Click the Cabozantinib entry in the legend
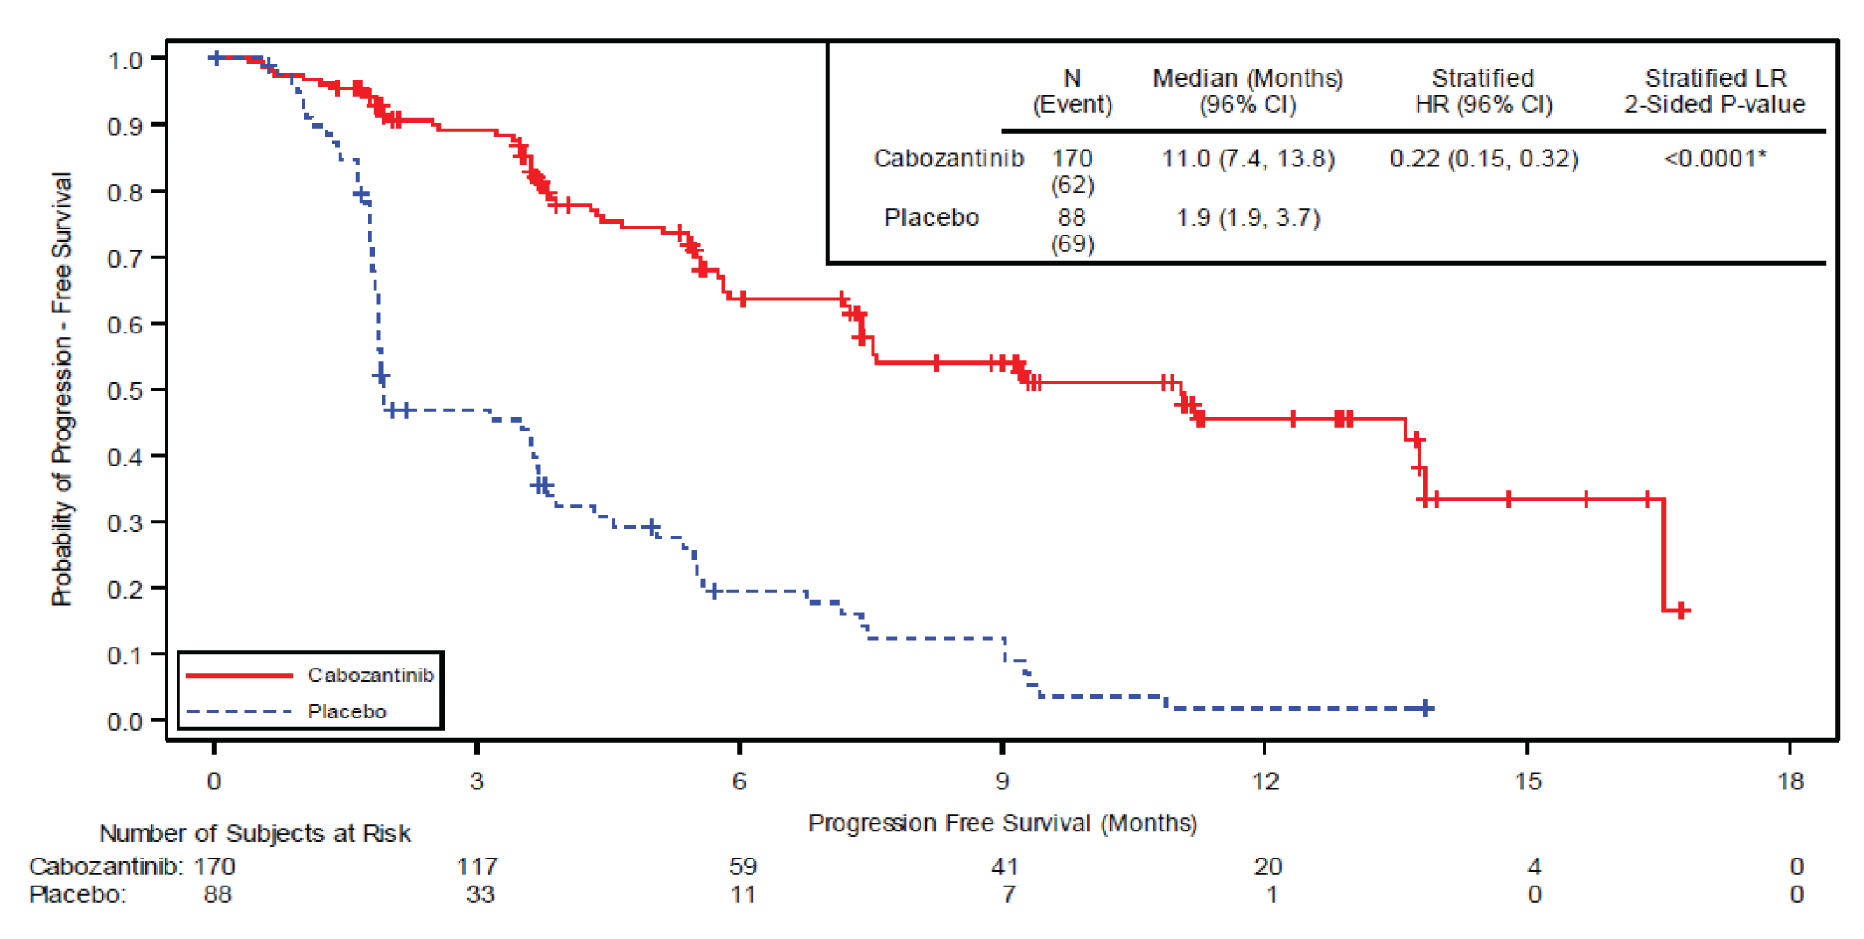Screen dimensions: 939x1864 coord(370,675)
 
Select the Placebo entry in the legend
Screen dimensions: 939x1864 coord(347,711)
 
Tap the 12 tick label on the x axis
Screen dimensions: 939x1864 coord(1265,781)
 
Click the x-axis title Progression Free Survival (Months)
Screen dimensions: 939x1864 coord(1002,823)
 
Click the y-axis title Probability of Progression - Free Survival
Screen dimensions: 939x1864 coord(61,389)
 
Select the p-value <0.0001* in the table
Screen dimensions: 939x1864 coord(1714,158)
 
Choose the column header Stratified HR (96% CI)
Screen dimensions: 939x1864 coord(1483,91)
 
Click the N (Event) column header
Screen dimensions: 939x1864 coord(1072,91)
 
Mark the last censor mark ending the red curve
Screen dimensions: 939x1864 coord(1681,610)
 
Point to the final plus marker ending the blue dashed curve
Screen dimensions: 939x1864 coord(1426,708)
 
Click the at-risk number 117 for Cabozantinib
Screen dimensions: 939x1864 coord(477,866)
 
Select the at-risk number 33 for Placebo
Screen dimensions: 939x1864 coord(480,894)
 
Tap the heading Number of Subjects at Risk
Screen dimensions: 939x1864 coord(255,833)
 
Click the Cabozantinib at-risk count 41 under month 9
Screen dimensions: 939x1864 coord(1005,866)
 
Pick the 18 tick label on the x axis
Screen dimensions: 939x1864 coord(1790,781)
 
